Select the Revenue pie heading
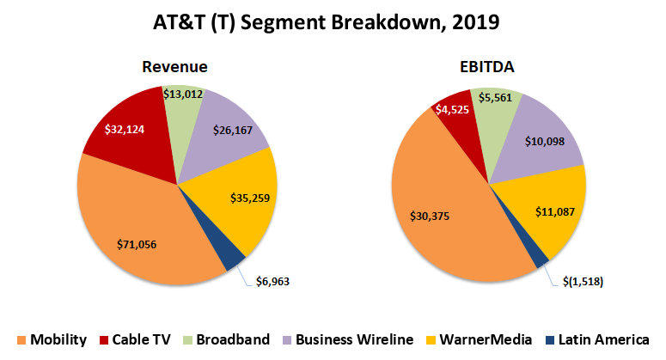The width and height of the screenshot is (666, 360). [x=175, y=67]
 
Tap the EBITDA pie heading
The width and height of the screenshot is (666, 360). [x=488, y=67]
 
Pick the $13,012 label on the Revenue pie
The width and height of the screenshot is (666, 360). [x=182, y=93]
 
